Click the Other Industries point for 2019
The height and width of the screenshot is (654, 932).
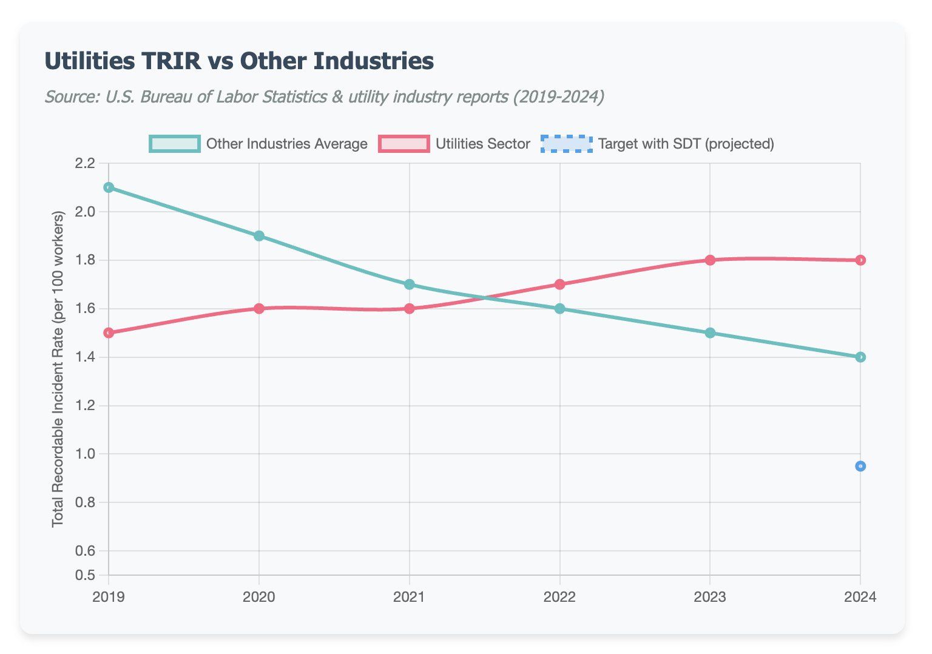109,187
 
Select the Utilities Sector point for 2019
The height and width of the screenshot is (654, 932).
109,333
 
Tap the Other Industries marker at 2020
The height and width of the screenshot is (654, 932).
259,236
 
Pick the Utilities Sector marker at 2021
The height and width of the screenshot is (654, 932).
410,308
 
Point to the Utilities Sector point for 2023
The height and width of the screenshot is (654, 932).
710,260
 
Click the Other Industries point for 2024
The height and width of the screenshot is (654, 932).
860,357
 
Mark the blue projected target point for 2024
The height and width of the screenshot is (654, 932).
860,466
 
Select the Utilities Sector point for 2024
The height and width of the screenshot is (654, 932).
860,260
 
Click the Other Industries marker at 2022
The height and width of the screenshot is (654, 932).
559,308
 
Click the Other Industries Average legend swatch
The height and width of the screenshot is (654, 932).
174,144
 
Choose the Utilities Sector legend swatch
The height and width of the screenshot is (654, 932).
404,144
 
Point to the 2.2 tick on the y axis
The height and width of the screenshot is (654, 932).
86,163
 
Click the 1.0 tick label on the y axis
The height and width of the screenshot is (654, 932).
86,454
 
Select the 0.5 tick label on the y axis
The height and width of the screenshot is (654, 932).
86,575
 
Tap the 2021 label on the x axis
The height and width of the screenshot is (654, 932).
410,597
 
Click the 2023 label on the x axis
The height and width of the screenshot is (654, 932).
710,597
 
